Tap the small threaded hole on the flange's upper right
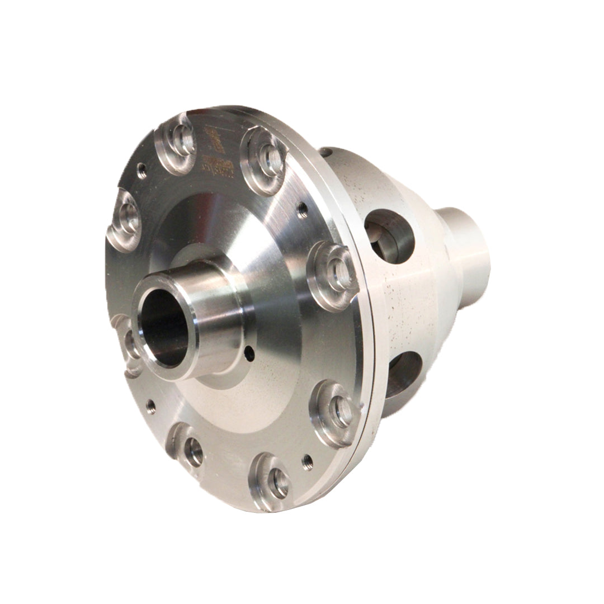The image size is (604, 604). pyautogui.click(x=303, y=210)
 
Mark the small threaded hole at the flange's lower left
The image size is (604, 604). pyautogui.click(x=150, y=404)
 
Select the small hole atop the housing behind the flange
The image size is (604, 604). pyautogui.click(x=324, y=152)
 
